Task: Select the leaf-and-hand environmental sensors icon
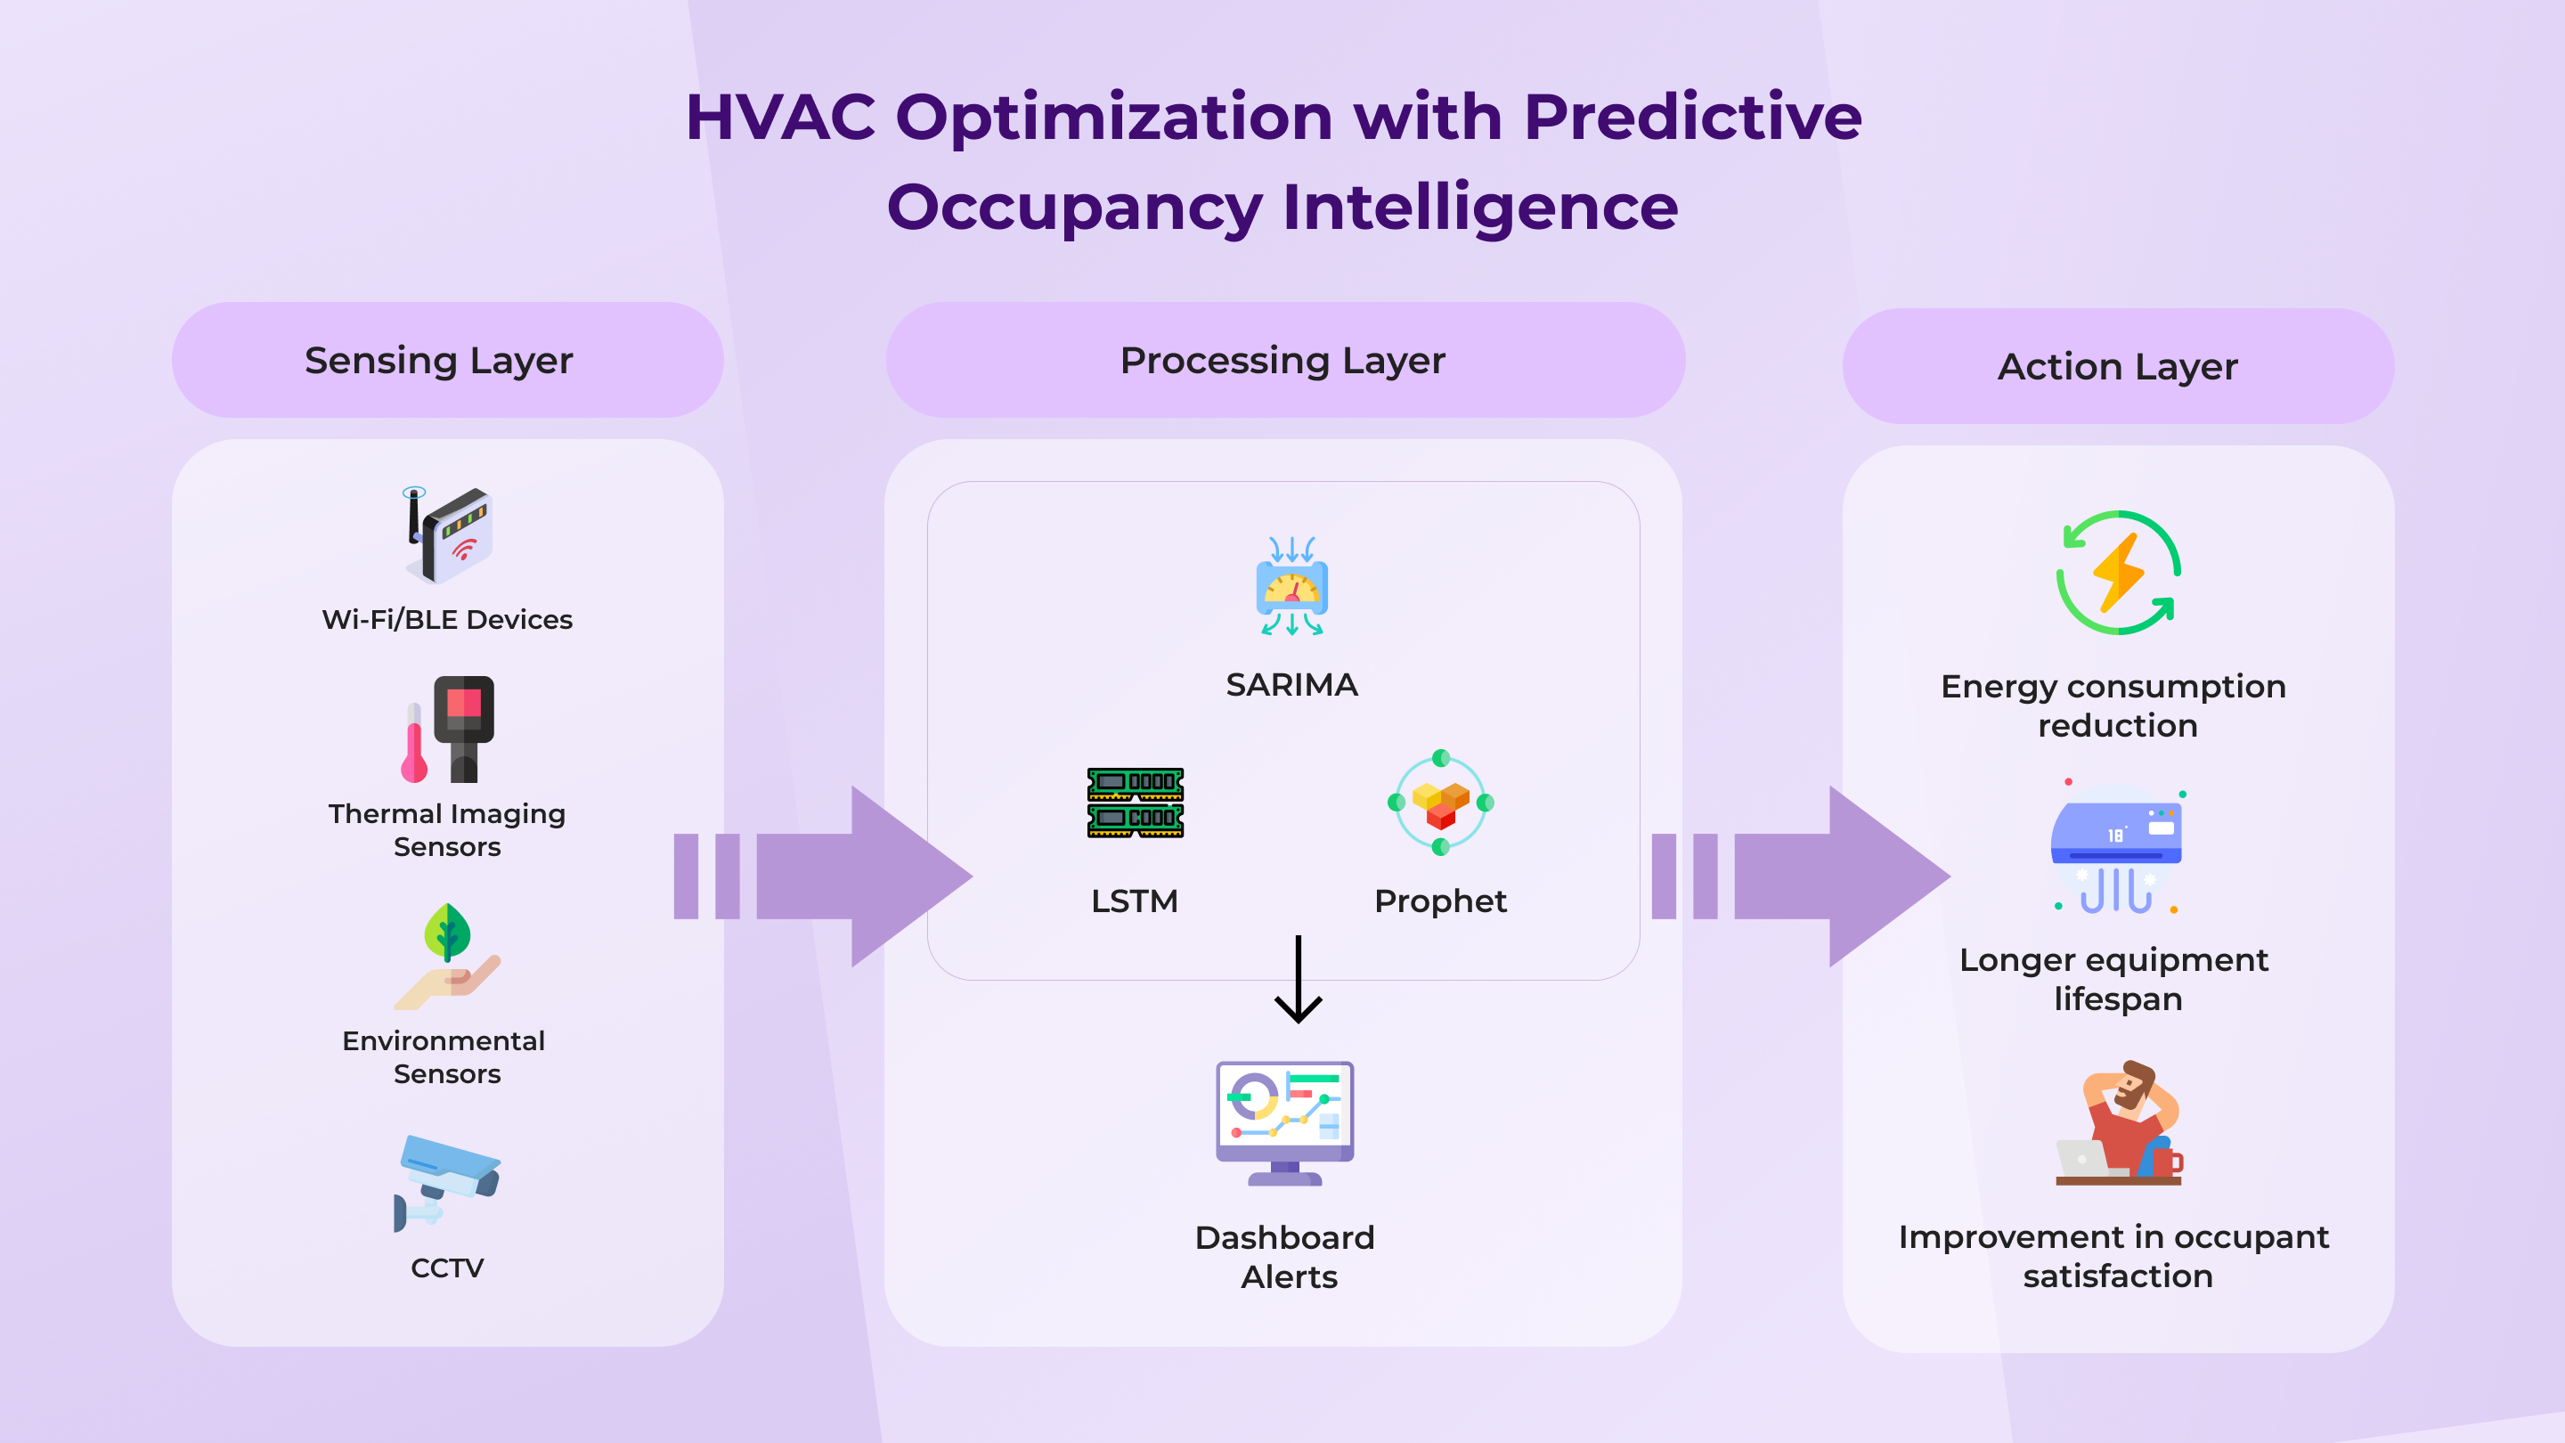[x=447, y=956]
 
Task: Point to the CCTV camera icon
[x=447, y=1183]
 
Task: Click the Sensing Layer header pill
[x=447, y=360]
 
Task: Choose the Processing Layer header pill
[x=1284, y=360]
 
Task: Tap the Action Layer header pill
[x=2118, y=365]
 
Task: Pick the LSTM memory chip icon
[x=1136, y=803]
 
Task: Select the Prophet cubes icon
[x=1441, y=802]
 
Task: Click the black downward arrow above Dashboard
[x=1299, y=979]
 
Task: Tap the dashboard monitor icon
[x=1284, y=1123]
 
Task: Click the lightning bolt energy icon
[x=2118, y=573]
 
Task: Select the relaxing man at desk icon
[x=2119, y=1122]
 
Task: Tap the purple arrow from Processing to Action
[x=1800, y=876]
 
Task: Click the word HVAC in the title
[x=781, y=118]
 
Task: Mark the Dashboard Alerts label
[x=1285, y=1257]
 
